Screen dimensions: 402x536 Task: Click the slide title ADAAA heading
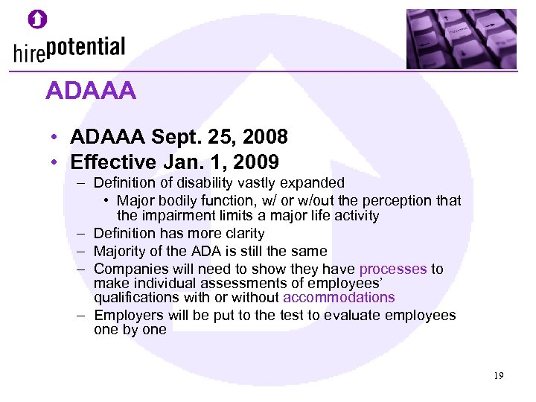[x=90, y=91]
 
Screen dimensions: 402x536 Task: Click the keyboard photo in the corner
[x=461, y=38]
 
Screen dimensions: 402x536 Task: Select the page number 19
[x=498, y=376]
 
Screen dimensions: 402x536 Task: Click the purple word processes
[x=393, y=269]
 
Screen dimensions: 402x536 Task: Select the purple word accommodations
[x=339, y=297]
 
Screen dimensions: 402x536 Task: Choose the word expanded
[x=316, y=182]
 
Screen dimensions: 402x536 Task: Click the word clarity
[x=243, y=234]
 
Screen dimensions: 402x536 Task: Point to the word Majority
[x=121, y=251]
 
